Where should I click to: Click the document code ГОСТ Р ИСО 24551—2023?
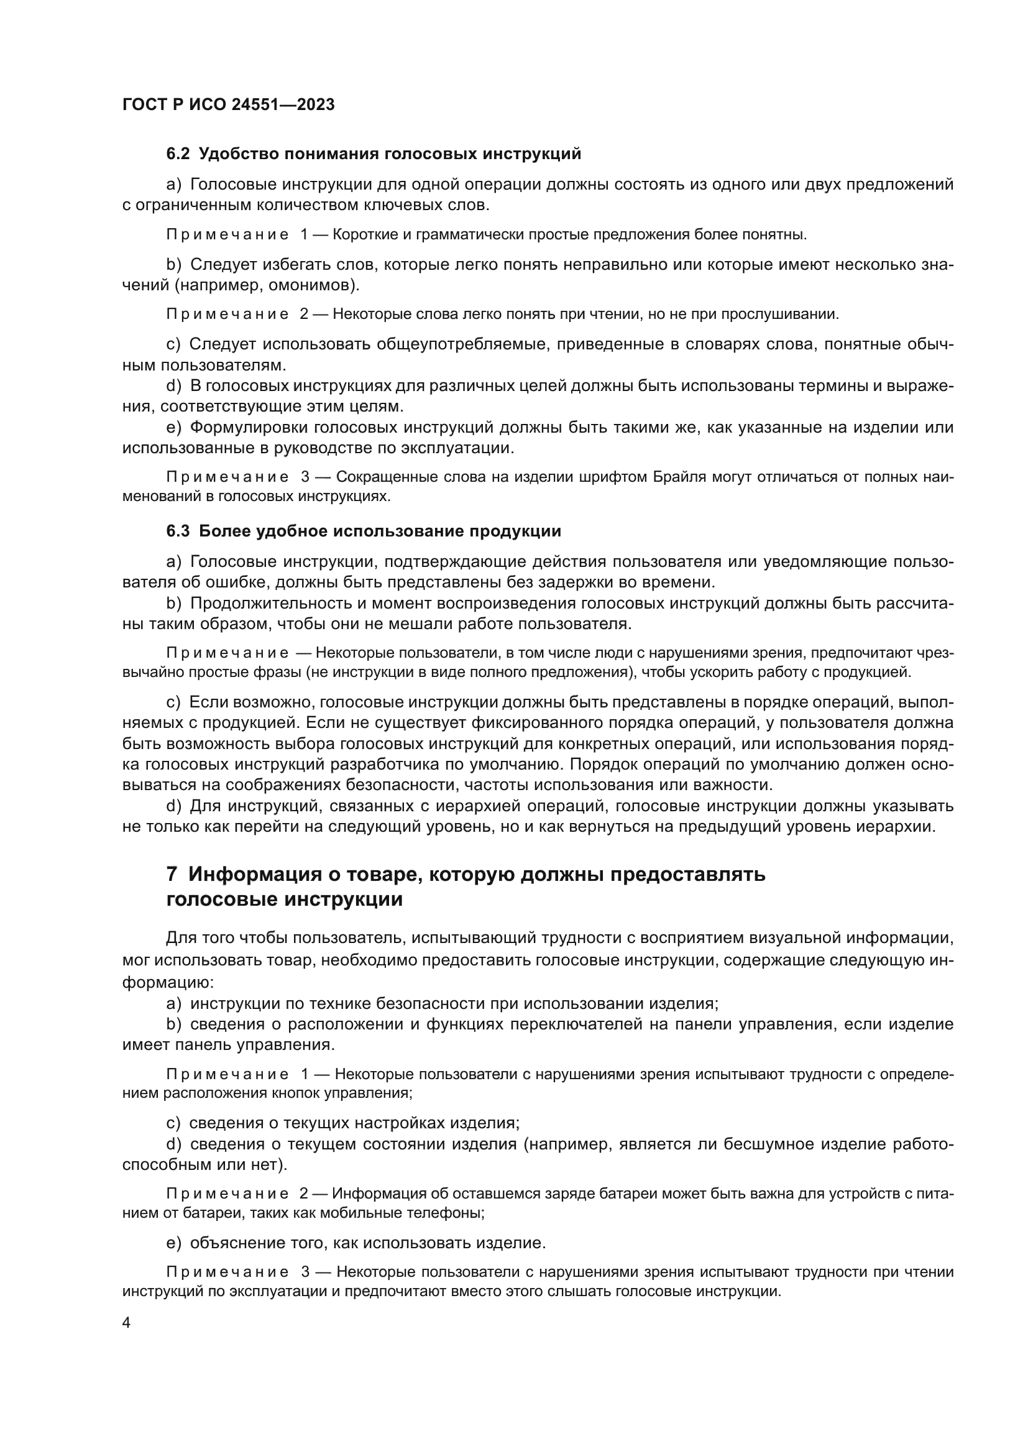228,104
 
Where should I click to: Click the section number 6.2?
178,154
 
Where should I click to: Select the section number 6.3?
178,531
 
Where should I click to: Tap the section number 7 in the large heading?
172,875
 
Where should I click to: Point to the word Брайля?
675,477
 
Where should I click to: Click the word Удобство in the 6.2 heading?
234,154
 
